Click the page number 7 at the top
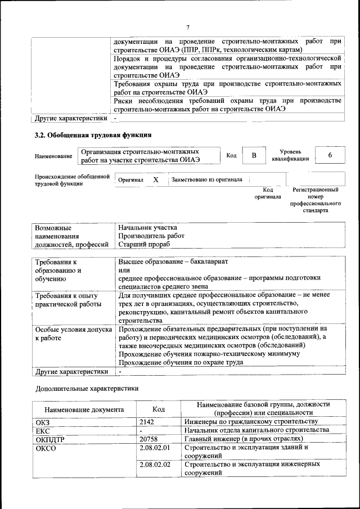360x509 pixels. pos(188,28)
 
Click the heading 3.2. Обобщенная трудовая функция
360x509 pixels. pos(93,135)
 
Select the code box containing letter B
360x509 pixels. pos(254,155)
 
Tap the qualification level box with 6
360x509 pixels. pos(330,155)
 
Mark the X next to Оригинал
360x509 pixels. pos(156,179)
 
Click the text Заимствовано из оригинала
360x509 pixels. pos(206,179)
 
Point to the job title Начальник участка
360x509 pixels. pos(147,227)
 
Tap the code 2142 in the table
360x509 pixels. pos(147,421)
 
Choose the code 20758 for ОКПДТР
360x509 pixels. pos(148,438)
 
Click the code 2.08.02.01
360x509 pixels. pos(155,447)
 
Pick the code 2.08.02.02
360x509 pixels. pos(155,464)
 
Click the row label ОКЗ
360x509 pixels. pos(43,421)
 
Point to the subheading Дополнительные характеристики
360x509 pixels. pos(86,388)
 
